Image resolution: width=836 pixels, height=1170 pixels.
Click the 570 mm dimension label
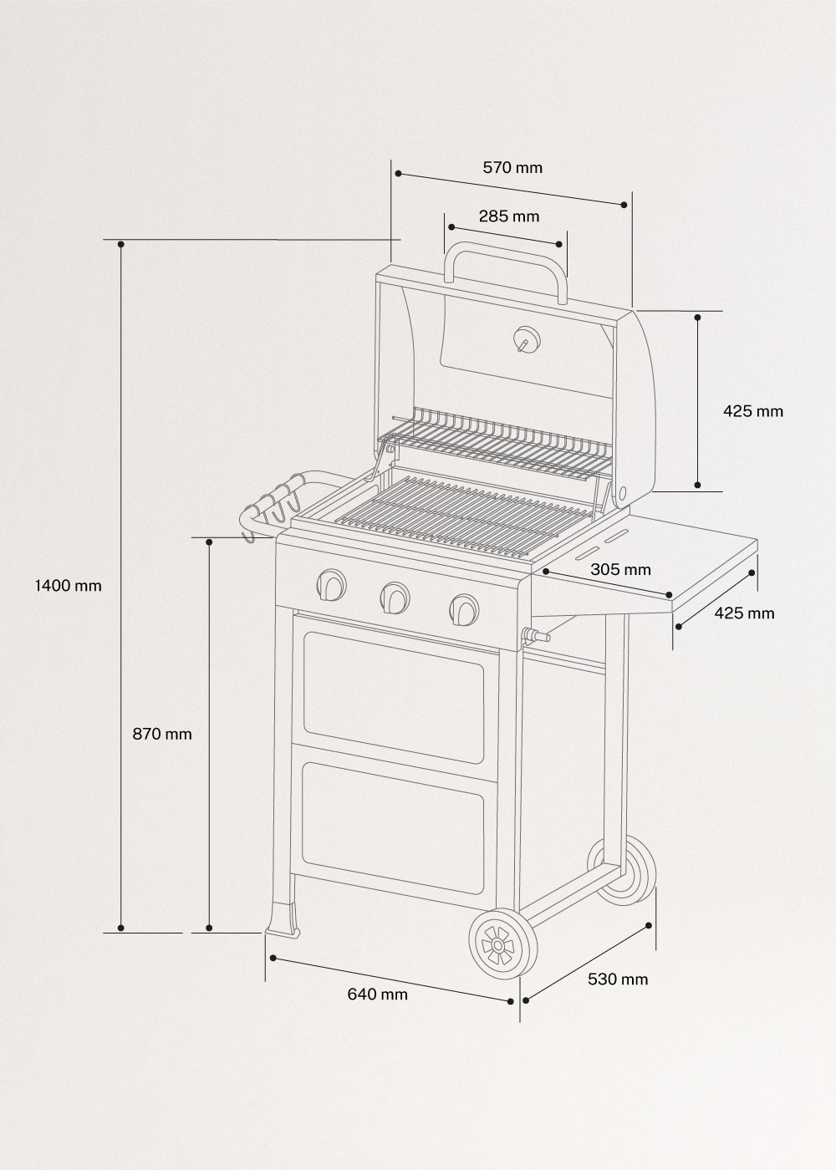(512, 167)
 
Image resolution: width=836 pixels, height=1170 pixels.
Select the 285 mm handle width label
(509, 216)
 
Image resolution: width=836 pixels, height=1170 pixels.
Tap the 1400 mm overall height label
(68, 585)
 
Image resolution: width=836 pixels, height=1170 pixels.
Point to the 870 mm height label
(162, 734)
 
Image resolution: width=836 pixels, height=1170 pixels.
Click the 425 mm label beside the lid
(752, 411)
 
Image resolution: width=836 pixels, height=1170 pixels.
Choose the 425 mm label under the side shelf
(744, 613)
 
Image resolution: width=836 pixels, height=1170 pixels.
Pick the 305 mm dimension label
(620, 570)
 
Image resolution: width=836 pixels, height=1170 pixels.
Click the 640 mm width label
(377, 994)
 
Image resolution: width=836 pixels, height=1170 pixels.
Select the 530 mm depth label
(617, 979)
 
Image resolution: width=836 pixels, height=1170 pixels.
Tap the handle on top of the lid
(507, 255)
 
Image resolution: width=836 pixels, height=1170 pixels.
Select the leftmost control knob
(331, 584)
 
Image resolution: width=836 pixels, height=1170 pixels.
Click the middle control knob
(395, 597)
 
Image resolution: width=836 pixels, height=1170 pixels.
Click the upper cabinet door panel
(394, 695)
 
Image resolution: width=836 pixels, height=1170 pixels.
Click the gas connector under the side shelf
(534, 638)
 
